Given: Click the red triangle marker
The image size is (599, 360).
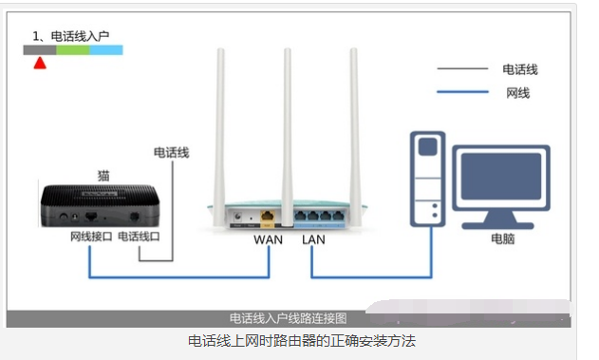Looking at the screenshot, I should coord(40,63).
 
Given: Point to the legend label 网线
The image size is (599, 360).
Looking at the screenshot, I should coord(518,92).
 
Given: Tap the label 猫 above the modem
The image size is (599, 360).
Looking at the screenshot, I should coord(103,175).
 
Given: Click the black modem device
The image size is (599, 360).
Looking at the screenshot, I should coord(101,204).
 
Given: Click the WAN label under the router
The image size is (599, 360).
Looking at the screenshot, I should coord(269,239).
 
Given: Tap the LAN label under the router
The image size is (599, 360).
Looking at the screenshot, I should coord(313,239).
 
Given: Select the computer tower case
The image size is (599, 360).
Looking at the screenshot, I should coord(427,180).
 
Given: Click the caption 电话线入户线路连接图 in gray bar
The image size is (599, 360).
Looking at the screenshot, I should coord(288,318).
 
